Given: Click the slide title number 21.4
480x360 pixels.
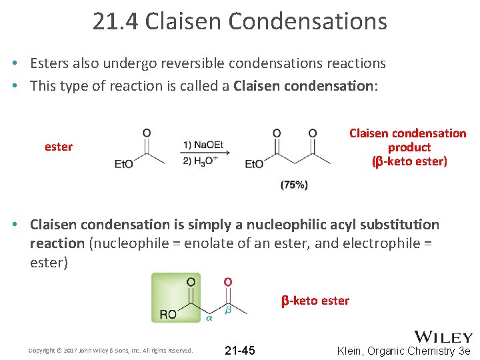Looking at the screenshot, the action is tap(116, 21).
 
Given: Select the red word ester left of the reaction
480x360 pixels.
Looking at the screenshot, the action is tap(59, 147).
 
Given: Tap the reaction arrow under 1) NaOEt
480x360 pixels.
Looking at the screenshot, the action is tap(205, 153).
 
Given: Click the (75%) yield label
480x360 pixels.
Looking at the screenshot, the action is tap(294, 185).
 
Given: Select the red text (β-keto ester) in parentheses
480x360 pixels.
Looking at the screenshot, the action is tap(409, 161).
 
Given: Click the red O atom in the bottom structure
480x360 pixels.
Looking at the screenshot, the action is tap(227, 282).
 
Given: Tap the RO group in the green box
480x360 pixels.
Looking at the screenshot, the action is tap(168, 314).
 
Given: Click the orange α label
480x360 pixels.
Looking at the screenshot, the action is tap(209, 319).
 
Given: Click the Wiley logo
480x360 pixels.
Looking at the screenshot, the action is tap(443, 337).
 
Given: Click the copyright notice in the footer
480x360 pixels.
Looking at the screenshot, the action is tap(111, 351).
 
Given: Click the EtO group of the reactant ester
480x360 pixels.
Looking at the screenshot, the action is tap(124, 163).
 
